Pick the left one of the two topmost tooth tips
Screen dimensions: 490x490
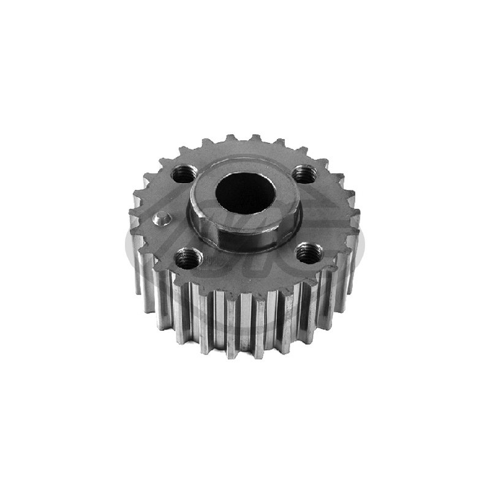point(230,137)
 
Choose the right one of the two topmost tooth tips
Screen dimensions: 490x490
point(258,137)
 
